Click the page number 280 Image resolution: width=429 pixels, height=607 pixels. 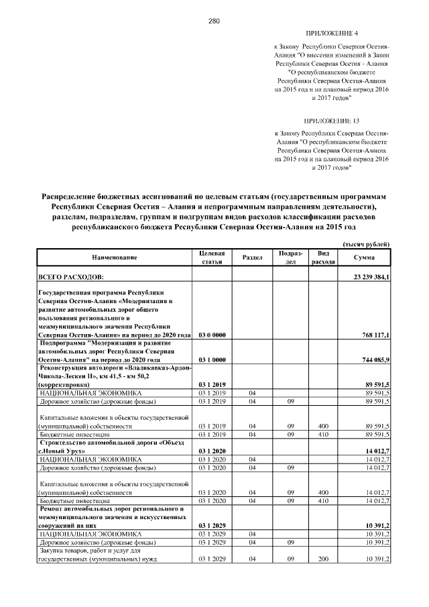point(214,21)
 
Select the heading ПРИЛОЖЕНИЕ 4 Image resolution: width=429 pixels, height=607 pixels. point(332,33)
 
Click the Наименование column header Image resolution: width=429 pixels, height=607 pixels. point(115,258)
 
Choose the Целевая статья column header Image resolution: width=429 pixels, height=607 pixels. point(212,258)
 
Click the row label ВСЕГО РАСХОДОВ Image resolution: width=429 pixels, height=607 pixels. point(71,277)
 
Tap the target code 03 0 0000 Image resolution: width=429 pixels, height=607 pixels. point(212,334)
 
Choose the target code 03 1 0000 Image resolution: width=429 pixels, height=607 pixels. point(212,360)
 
